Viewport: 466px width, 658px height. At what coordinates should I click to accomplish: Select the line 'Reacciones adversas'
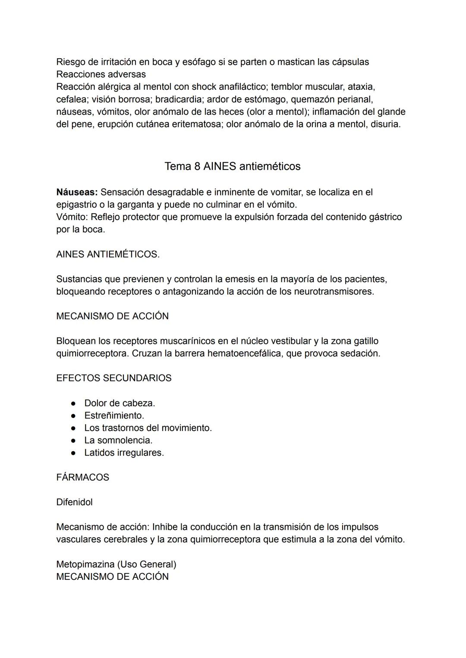tap(101, 74)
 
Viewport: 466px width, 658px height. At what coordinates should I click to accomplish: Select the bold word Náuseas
tap(77, 192)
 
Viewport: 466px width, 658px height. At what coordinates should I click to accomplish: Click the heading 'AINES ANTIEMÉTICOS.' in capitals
tap(108, 254)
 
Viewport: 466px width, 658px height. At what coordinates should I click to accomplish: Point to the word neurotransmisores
tap(334, 291)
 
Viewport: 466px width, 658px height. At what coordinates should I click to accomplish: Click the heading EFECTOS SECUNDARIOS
tap(114, 378)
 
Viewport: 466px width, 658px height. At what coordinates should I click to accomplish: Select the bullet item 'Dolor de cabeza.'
tap(120, 403)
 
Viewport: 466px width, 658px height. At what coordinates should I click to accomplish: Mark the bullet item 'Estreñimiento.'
tap(114, 416)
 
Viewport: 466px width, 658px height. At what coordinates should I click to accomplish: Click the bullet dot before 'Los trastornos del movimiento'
tap(74, 428)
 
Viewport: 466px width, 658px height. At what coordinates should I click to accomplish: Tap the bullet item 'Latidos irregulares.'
tap(124, 453)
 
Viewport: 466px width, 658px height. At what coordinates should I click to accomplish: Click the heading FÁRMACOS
tap(83, 477)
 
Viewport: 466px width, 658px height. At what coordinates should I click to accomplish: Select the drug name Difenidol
tap(74, 502)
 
